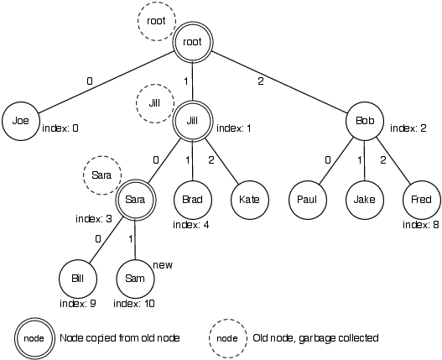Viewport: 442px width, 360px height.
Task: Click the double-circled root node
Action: (x=194, y=39)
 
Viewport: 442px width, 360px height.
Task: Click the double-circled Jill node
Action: (x=194, y=121)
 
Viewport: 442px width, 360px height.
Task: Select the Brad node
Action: (x=194, y=201)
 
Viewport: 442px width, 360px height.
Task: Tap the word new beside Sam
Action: (x=165, y=265)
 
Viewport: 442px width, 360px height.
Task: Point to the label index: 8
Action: (x=420, y=225)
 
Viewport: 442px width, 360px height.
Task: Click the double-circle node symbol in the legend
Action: (x=34, y=337)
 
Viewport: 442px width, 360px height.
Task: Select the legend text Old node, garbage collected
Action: (x=316, y=338)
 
